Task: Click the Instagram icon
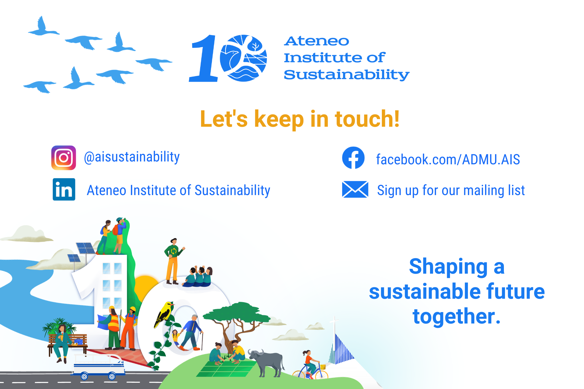pos(64,158)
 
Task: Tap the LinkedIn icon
pos(64,189)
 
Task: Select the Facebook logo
pos(353,158)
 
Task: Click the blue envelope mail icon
pos(355,189)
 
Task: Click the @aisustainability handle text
pos(132,157)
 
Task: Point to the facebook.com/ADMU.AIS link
pos(448,159)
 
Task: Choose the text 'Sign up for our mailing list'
pos(451,190)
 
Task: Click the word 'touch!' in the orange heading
pos(367,119)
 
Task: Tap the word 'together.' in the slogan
pos(457,316)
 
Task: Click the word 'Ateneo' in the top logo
pos(317,41)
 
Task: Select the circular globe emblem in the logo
pos(243,58)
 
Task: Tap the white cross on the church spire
pos(334,322)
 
